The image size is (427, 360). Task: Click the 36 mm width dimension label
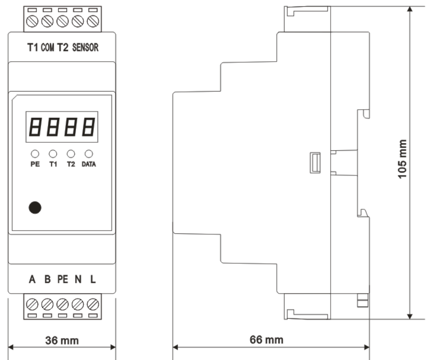[62, 341]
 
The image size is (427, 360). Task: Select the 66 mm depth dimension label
[266, 340]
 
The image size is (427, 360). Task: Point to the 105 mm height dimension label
[402, 159]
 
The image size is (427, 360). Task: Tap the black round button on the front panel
[35, 207]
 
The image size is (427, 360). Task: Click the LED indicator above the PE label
[35, 154]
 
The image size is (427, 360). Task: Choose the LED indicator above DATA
[89, 154]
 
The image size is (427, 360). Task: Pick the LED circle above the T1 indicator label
[53, 154]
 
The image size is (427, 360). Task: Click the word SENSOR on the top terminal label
[85, 47]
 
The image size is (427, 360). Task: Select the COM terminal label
[47, 47]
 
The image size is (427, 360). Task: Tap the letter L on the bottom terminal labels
[93, 279]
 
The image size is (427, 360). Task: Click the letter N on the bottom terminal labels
[78, 279]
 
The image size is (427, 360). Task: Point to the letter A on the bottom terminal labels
[32, 279]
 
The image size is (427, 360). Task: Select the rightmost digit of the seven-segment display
[89, 127]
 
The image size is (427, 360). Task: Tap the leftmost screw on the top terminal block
[32, 21]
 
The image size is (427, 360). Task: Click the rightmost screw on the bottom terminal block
[93, 304]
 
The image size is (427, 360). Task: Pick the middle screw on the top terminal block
[62, 21]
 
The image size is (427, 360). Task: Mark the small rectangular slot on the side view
[315, 163]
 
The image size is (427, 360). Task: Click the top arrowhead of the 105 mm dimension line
[409, 9]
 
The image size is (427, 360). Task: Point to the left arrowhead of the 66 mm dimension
[176, 347]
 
